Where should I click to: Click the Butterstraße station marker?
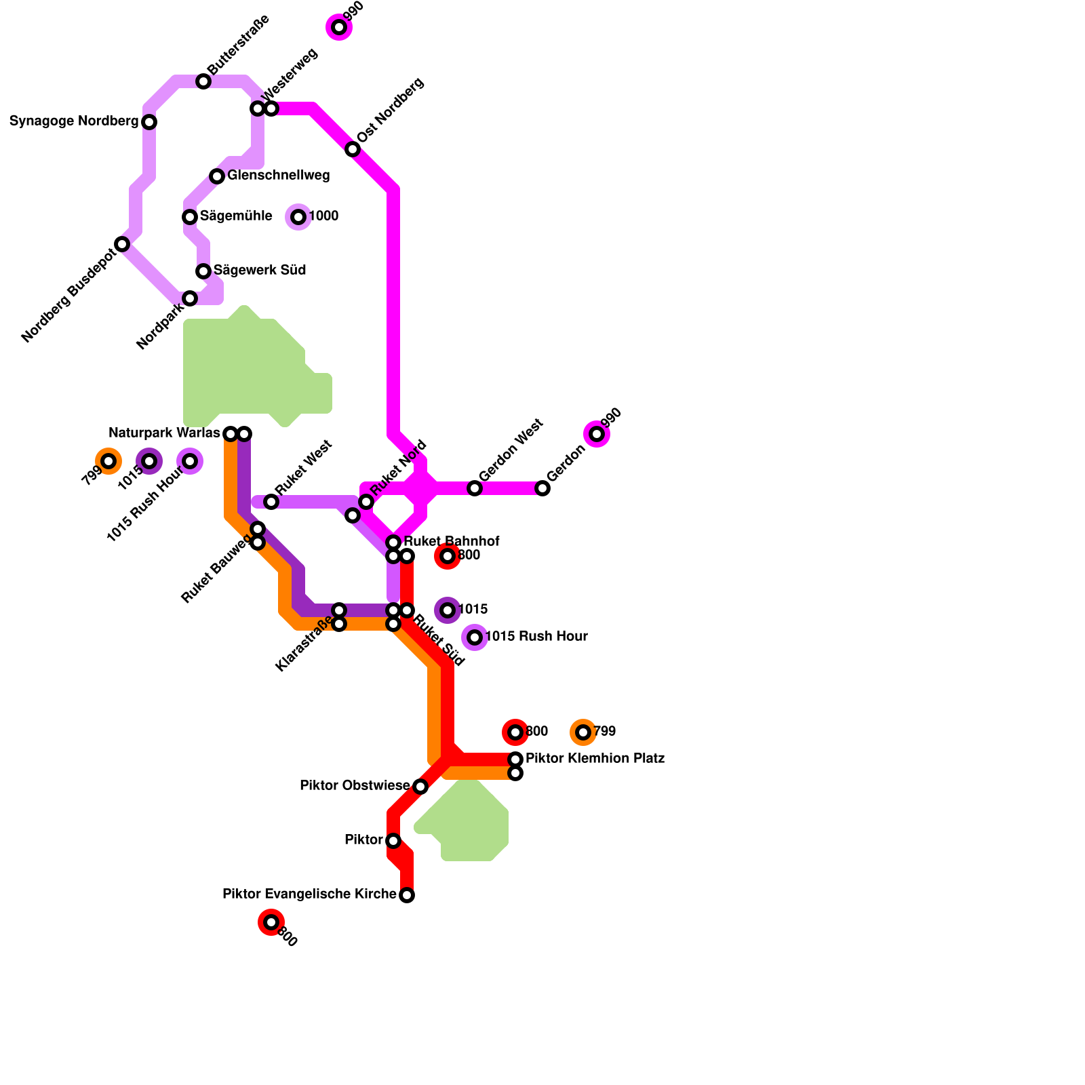pyautogui.click(x=203, y=81)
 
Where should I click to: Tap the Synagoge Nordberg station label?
pyautogui.click(x=74, y=121)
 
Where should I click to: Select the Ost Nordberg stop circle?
pyautogui.click(x=353, y=149)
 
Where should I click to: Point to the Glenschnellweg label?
pyautogui.click(x=278, y=176)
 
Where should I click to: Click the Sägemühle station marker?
pyautogui.click(x=190, y=217)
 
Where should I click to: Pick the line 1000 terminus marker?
pyautogui.click(x=298, y=217)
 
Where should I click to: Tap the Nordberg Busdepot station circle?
pyautogui.click(x=122, y=244)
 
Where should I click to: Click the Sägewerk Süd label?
pyautogui.click(x=260, y=271)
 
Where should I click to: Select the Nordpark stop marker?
pyautogui.click(x=190, y=298)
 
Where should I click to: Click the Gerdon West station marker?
pyautogui.click(x=475, y=488)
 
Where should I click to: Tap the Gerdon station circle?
pyautogui.click(x=542, y=488)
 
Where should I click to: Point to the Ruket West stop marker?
pyautogui.click(x=271, y=502)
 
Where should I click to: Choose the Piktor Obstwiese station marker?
pyautogui.click(x=420, y=787)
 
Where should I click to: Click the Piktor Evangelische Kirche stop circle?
pyautogui.click(x=407, y=895)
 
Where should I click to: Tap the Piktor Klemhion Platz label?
pyautogui.click(x=595, y=758)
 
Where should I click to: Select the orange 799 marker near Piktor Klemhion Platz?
pyautogui.click(x=583, y=732)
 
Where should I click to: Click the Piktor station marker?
pyautogui.click(x=393, y=841)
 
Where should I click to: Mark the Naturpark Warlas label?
pyautogui.click(x=164, y=433)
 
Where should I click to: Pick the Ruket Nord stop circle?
pyautogui.click(x=366, y=502)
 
